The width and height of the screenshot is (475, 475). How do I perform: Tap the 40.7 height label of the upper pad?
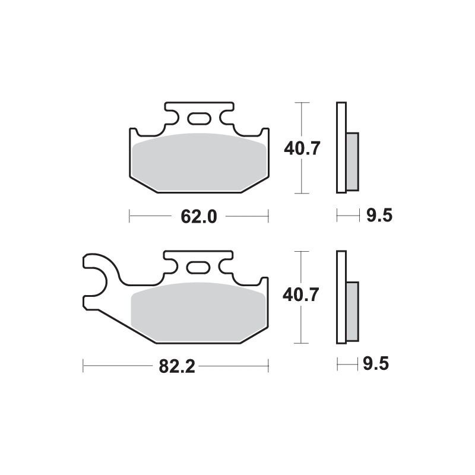pos(302,148)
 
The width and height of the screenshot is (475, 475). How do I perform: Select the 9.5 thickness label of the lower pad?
pos(379,365)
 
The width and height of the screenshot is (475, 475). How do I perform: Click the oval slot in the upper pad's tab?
pos(198,118)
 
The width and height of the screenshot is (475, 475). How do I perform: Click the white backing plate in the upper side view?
pos(341,148)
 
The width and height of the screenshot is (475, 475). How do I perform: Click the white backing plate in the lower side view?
pos(341,297)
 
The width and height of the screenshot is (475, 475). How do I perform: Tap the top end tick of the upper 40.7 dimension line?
pos(303,103)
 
